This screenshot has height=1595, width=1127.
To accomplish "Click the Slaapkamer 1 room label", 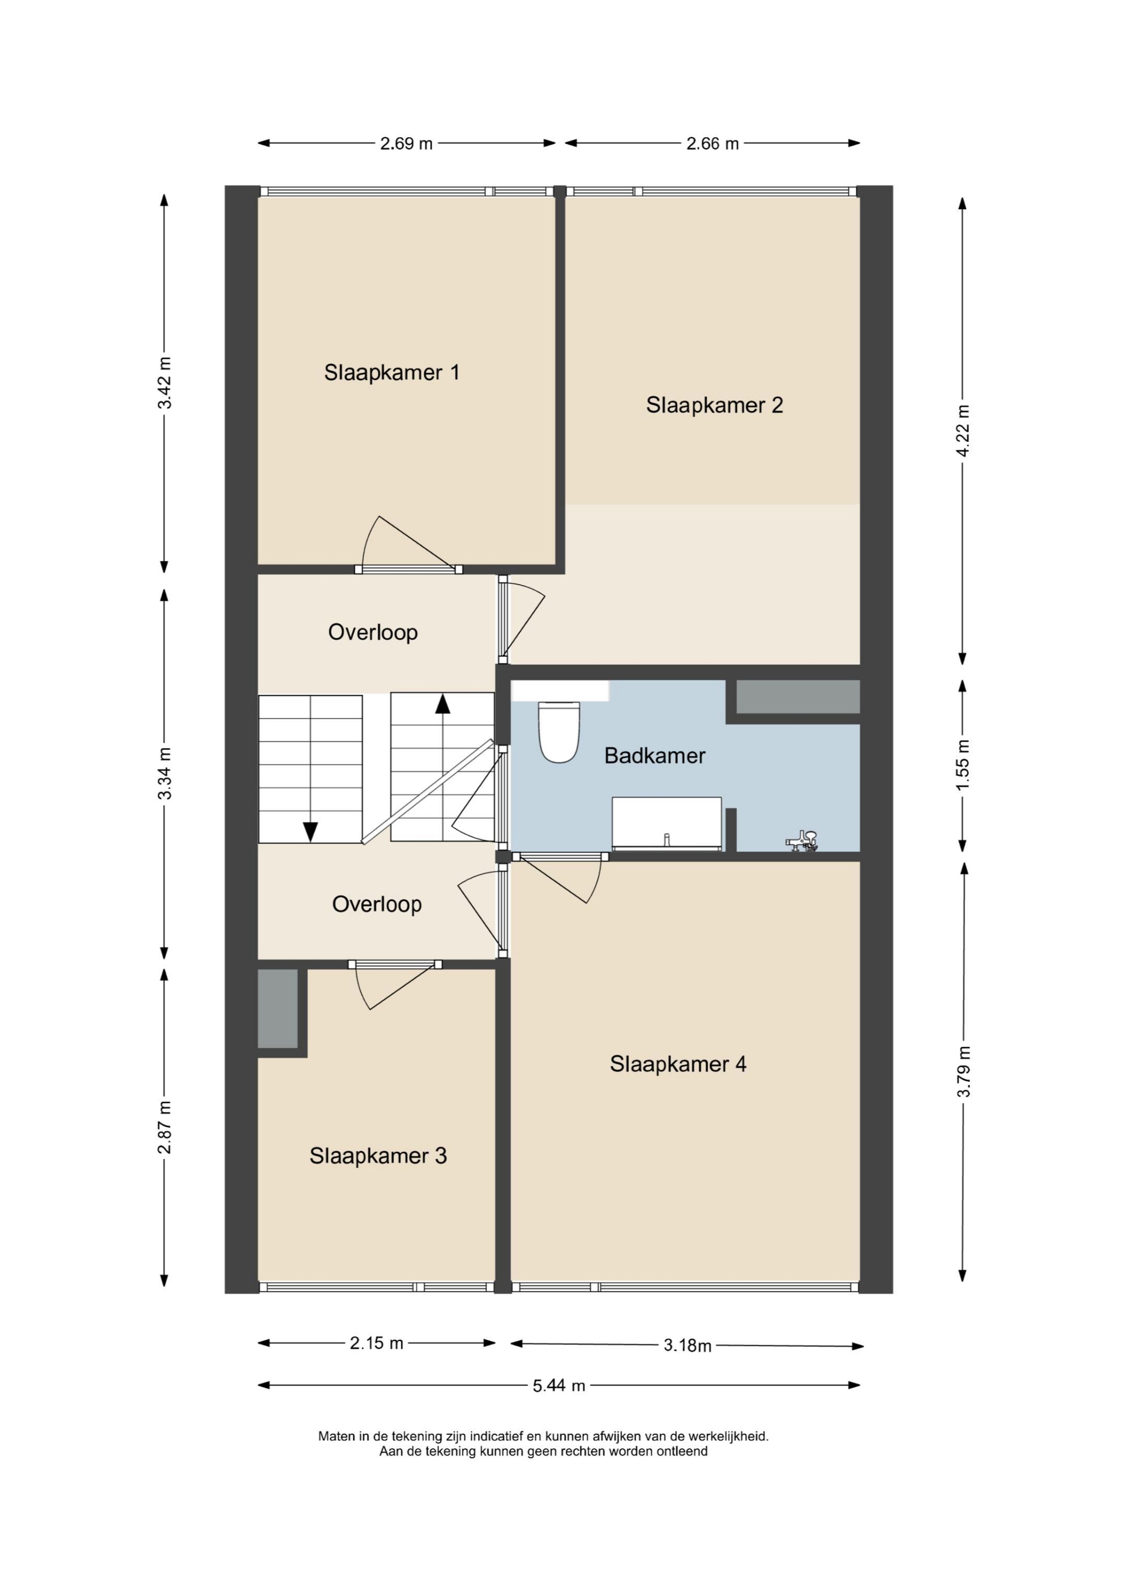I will [x=392, y=373].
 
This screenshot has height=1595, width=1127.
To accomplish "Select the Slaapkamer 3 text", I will [x=378, y=1155].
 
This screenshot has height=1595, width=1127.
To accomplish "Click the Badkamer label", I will [x=654, y=756].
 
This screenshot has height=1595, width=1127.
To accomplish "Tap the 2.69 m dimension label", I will [x=406, y=144].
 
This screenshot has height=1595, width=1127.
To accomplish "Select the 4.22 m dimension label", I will [x=963, y=431].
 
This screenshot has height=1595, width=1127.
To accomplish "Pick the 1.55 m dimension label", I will [x=963, y=765].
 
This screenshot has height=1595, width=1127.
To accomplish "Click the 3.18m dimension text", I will [x=688, y=1345].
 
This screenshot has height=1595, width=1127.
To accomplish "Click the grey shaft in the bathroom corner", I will [x=797, y=697].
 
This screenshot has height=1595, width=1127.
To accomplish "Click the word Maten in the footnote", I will [x=336, y=1436].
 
